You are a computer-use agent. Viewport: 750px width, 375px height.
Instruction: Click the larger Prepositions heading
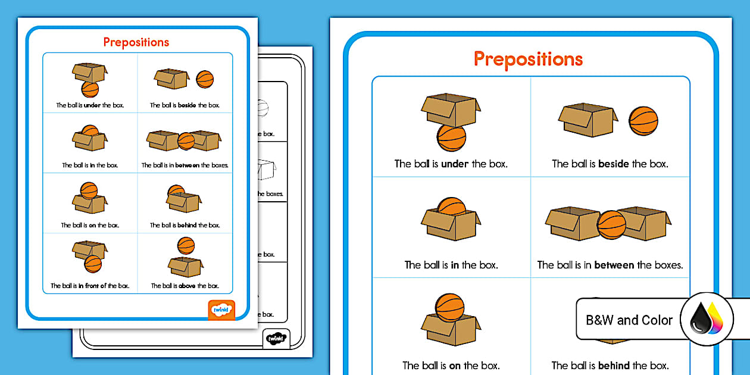[528, 59]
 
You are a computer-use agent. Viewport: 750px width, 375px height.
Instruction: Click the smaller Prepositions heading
[136, 42]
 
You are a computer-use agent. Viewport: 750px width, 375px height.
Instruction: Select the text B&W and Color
[629, 320]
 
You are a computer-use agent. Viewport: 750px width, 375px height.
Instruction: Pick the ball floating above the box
[186, 245]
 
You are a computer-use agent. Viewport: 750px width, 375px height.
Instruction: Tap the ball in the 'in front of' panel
[93, 262]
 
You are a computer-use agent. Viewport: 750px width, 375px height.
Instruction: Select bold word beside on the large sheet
[613, 164]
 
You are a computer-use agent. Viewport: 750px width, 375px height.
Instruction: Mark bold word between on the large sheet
[614, 265]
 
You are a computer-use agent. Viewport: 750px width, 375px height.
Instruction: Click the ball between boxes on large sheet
[611, 224]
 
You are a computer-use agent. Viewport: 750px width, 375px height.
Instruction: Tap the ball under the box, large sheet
[451, 139]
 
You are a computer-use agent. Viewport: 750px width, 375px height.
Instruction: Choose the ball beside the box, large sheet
[643, 121]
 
